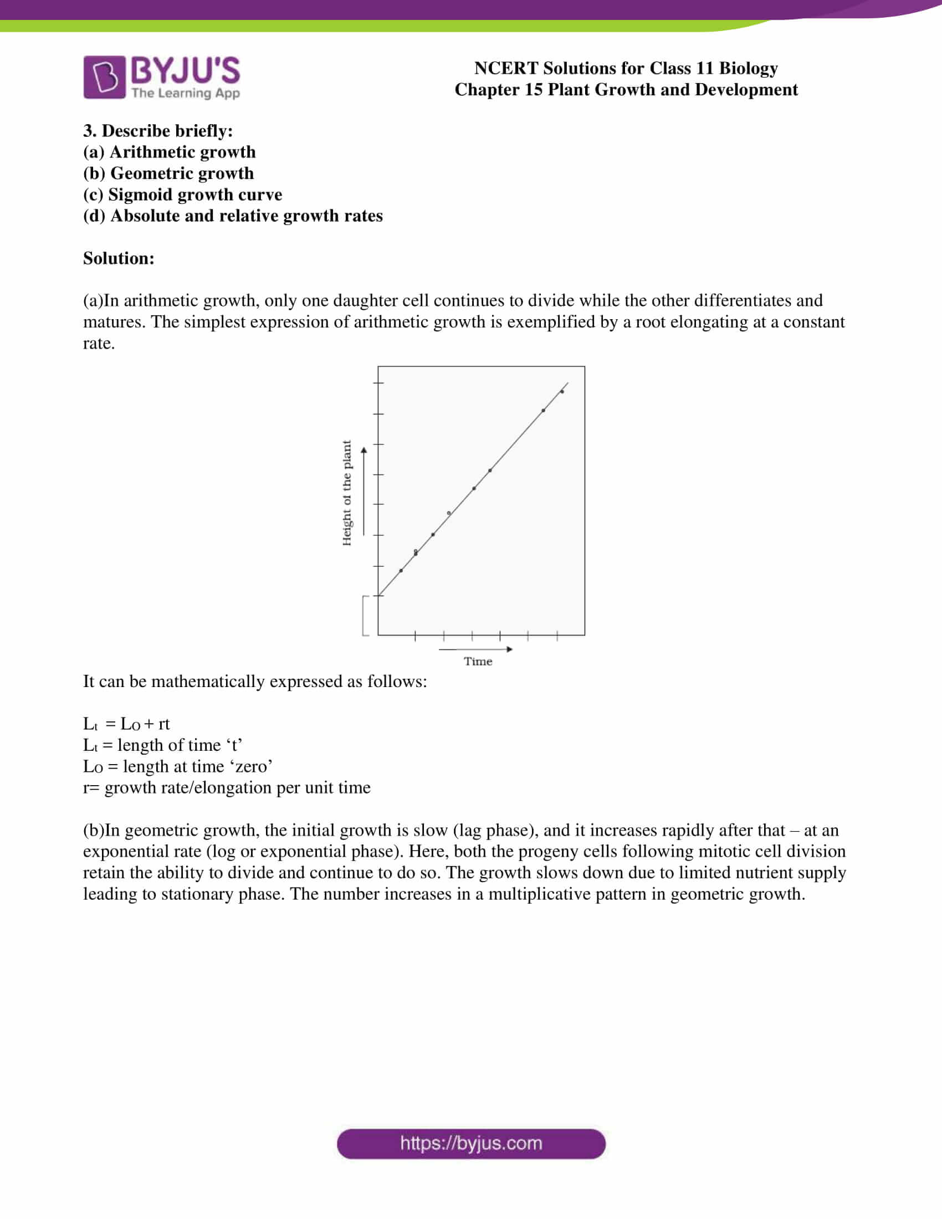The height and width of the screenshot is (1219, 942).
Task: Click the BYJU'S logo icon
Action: (x=104, y=77)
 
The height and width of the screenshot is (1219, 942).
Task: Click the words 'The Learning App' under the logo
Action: (x=185, y=93)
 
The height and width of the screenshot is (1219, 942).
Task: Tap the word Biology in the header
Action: (x=748, y=68)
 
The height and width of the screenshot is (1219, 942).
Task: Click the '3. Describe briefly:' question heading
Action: (x=158, y=131)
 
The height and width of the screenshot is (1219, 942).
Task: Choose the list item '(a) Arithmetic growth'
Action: (x=169, y=152)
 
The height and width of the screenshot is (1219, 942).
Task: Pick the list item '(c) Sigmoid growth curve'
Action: (x=182, y=194)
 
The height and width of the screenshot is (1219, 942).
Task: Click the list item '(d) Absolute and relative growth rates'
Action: (x=233, y=216)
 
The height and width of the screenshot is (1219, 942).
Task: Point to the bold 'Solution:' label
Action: (x=119, y=258)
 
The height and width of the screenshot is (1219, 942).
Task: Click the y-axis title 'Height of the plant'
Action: (x=346, y=493)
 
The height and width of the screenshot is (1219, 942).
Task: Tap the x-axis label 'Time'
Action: (x=478, y=662)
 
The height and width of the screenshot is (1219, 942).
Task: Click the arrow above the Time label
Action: (x=475, y=649)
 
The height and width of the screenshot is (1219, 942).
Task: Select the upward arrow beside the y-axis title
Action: (x=364, y=491)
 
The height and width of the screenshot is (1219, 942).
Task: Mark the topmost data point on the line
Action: (x=562, y=391)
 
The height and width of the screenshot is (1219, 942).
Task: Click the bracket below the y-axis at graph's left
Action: (x=365, y=616)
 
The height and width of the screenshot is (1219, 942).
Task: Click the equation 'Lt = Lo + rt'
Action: (x=126, y=724)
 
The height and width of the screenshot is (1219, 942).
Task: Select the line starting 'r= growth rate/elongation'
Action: (x=227, y=787)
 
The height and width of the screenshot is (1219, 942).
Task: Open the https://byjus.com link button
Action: (x=471, y=1144)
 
